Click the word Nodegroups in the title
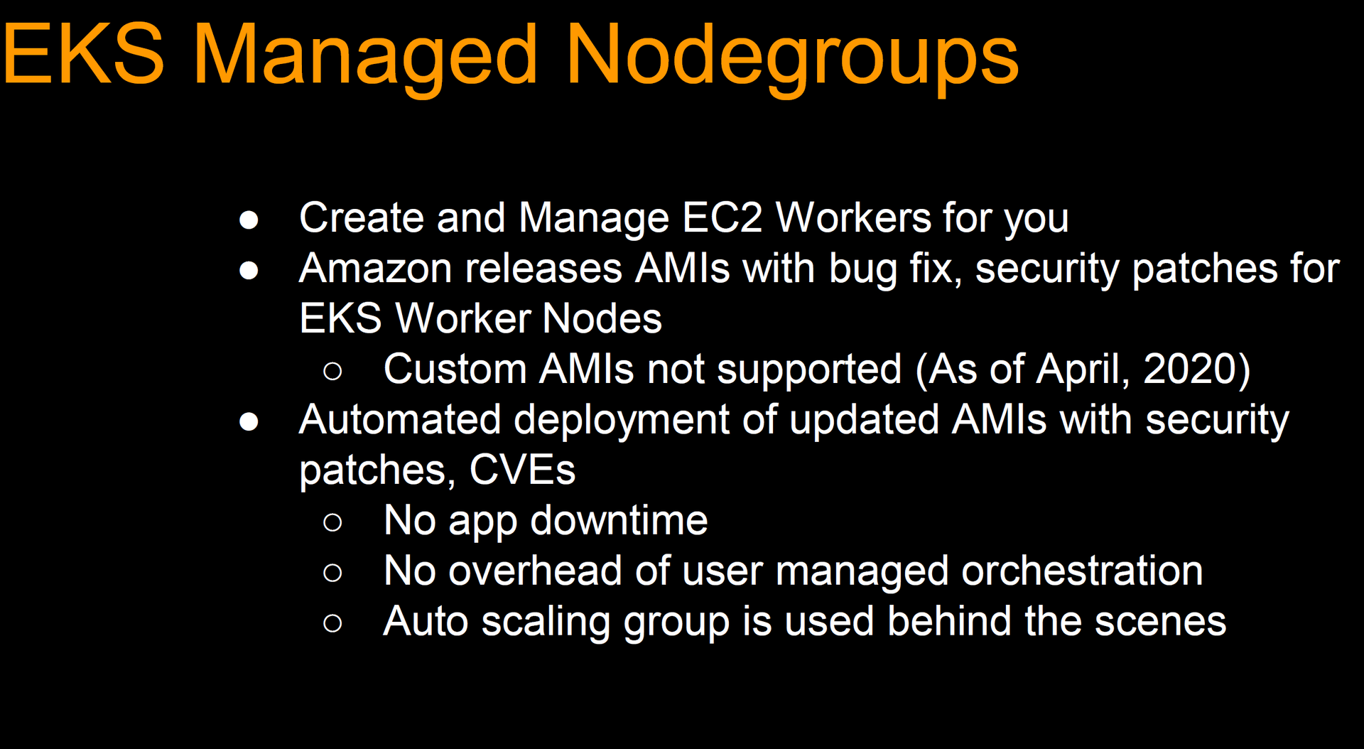click(x=792, y=58)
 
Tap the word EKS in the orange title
click(x=84, y=54)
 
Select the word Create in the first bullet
click(x=362, y=217)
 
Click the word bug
click(x=864, y=271)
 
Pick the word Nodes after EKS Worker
click(x=602, y=318)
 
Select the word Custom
click(x=455, y=370)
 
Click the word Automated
click(x=400, y=419)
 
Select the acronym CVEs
click(x=522, y=470)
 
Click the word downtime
click(x=619, y=520)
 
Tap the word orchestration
click(x=1082, y=571)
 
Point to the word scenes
click(x=1160, y=622)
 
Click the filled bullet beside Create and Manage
click(x=249, y=220)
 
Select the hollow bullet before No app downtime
click(x=332, y=523)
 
